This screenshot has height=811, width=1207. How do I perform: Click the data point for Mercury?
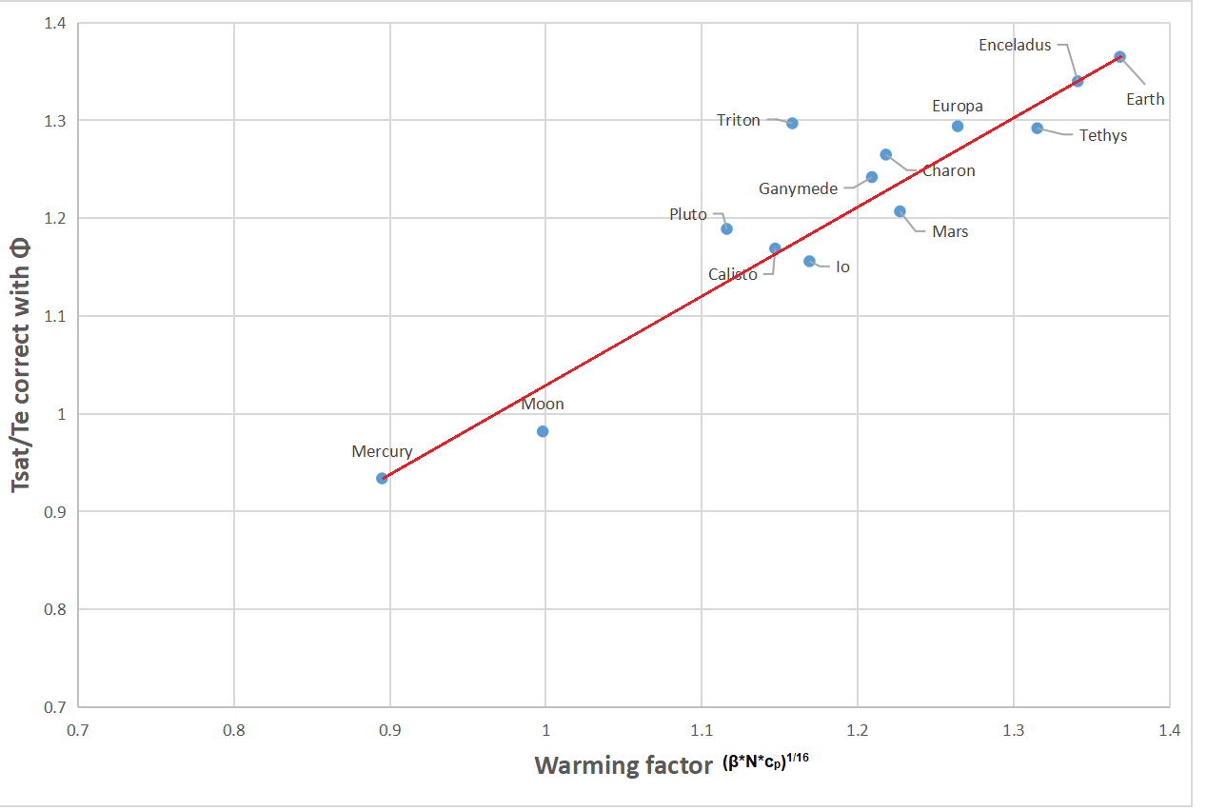click(x=382, y=478)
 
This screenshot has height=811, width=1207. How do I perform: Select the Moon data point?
click(x=543, y=431)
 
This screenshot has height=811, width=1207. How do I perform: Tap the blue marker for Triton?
click(x=792, y=123)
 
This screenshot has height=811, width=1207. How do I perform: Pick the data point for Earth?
click(x=1119, y=57)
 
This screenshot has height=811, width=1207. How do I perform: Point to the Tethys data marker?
click(x=1038, y=128)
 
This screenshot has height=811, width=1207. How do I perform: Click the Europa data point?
click(x=958, y=126)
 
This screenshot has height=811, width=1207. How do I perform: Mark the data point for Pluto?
click(x=726, y=228)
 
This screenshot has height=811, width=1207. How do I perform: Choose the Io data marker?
click(x=809, y=261)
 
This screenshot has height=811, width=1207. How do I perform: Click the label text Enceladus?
click(x=1015, y=45)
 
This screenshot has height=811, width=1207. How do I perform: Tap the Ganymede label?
click(x=798, y=188)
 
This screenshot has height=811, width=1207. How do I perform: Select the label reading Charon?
click(x=948, y=171)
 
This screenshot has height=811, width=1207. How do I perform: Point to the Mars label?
click(x=950, y=231)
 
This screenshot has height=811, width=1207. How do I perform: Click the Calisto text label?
click(x=733, y=275)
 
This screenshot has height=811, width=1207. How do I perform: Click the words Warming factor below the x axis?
click(x=623, y=766)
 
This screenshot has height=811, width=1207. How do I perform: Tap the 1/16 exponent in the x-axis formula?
click(x=798, y=757)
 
